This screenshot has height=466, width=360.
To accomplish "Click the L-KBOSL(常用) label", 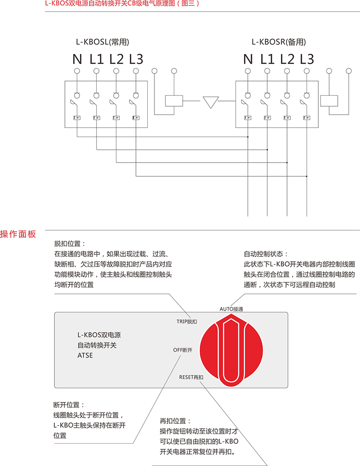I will coord(103,42).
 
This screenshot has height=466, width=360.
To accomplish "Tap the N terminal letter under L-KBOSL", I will coord(77,59).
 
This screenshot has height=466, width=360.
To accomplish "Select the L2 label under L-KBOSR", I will coord(287,59).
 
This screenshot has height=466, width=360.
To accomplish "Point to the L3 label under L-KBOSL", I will coord(136,59).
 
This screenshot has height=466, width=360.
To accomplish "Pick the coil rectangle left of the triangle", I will coord(174,101).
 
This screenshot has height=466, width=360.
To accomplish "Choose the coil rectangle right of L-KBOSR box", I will coord(329,101).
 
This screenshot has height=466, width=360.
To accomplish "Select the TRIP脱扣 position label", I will coord(187,321).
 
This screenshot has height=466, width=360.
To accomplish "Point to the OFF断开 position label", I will coord(182,350).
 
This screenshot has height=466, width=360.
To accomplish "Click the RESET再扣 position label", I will coord(191,377).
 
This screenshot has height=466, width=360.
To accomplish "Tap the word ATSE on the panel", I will coord(85,355).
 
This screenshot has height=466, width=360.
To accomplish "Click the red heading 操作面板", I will coord(18,234).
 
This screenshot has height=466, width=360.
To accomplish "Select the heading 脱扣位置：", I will coord(70,244).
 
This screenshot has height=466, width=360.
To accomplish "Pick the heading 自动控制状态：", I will coord(265,254).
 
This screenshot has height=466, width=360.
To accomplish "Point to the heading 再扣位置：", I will coord(176,421).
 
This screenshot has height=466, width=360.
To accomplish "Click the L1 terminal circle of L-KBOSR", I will coord(267,71).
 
